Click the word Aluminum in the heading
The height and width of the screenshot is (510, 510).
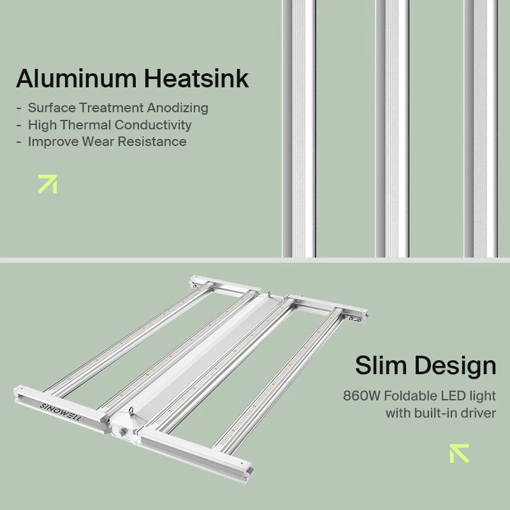coord(76,78)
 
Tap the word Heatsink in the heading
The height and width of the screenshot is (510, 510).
coord(196,78)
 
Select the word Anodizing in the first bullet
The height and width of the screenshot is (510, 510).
coord(177,108)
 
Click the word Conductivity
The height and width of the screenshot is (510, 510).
coord(153,126)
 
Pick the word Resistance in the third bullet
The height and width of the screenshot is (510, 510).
coord(152,142)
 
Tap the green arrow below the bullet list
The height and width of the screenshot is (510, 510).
coord(47,184)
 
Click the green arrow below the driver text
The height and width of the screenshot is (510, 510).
coord(459,453)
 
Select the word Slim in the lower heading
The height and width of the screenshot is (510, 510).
coord(381,365)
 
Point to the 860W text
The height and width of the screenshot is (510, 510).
coord(361,396)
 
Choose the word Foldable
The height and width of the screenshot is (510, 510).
coord(411,396)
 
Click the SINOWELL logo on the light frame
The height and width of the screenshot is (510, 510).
coord(61,412)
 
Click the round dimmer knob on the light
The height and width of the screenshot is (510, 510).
coord(122,433)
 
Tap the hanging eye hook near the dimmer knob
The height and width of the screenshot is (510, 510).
coord(131,411)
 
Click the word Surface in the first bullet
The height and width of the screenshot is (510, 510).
coord(52,108)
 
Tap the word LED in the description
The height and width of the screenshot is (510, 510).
coord(453,396)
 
